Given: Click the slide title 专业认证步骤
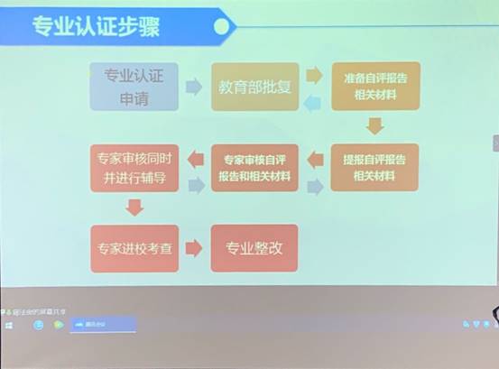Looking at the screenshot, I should pyautogui.click(x=96, y=27).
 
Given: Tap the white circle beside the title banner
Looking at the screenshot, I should pyautogui.click(x=220, y=27).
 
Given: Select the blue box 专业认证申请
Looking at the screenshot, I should pyautogui.click(x=134, y=87).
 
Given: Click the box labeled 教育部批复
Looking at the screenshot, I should pyautogui.click(x=254, y=87).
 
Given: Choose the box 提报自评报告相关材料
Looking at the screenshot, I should pyautogui.click(x=374, y=167).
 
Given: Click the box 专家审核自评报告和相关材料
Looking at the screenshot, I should pyautogui.click(x=254, y=167).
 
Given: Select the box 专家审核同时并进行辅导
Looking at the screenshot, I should pyautogui.click(x=134, y=167).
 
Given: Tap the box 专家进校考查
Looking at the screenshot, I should pyautogui.click(x=134, y=248).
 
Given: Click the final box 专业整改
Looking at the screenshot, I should pyautogui.click(x=254, y=248).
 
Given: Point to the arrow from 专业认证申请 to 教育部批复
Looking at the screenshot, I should pyautogui.click(x=194, y=87).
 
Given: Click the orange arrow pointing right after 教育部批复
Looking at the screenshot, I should pyautogui.click(x=314, y=75).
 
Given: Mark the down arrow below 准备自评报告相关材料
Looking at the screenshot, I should pyautogui.click(x=375, y=125).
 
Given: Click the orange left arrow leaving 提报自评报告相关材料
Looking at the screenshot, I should pyautogui.click(x=315, y=161).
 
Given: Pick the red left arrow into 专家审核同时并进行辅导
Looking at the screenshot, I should pyautogui.click(x=194, y=161).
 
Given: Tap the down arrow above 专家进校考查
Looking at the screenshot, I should pyautogui.click(x=134, y=208).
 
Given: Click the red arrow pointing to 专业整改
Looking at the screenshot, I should pyautogui.click(x=194, y=248).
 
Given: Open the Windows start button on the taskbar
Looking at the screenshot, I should pyautogui.click(x=9, y=326).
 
